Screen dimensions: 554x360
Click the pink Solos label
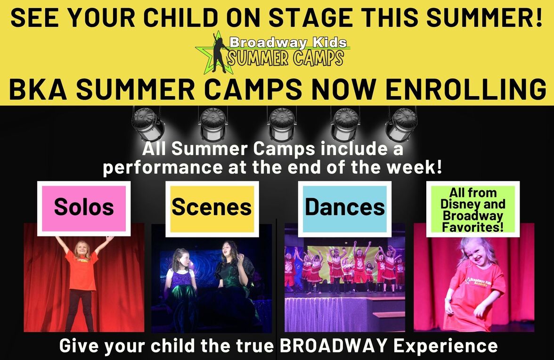point(84,208)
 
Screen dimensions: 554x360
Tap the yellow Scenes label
point(212,208)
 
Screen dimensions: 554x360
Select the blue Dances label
point(344,208)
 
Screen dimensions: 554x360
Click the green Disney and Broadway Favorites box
point(473,209)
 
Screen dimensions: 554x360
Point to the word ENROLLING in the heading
point(465,90)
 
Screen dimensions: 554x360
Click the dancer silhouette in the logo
point(219,52)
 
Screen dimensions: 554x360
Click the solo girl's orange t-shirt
point(81,270)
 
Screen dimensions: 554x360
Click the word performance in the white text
point(163,167)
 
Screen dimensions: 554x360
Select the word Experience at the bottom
point(446,346)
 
